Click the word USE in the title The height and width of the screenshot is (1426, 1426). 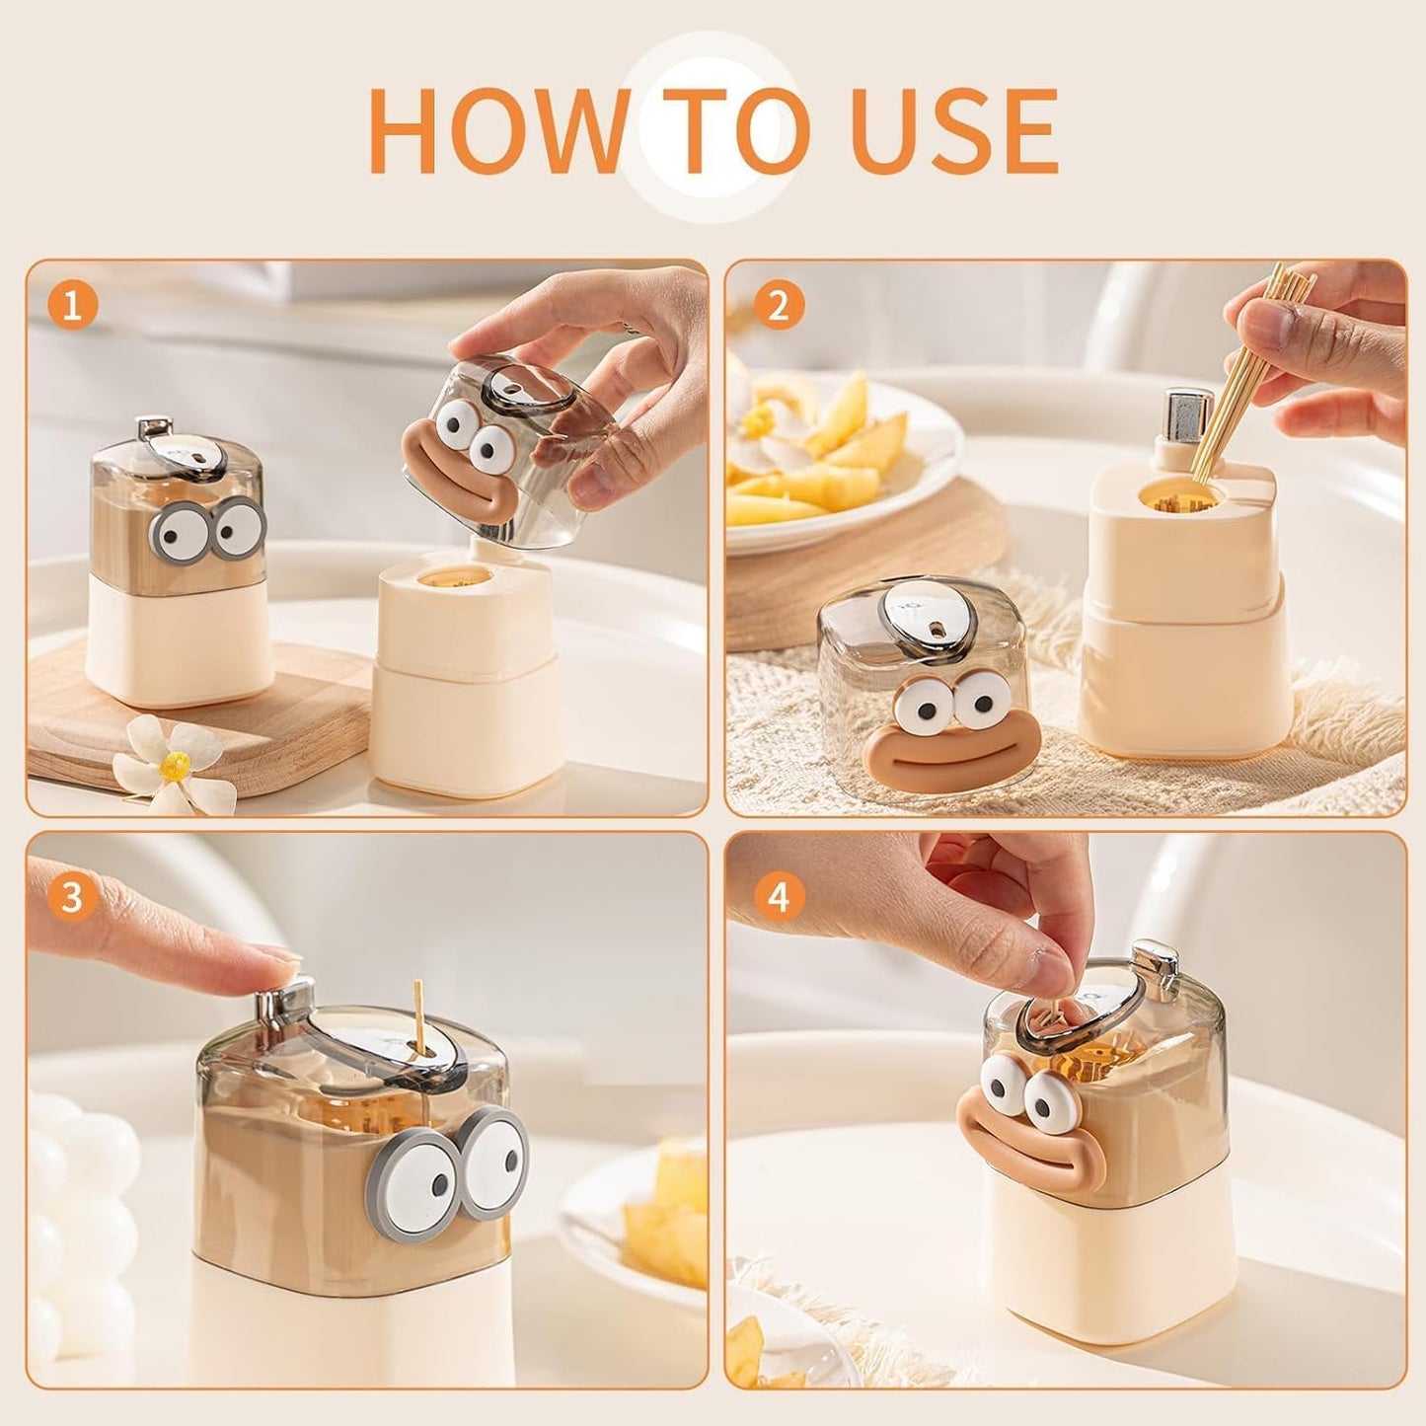[954, 131]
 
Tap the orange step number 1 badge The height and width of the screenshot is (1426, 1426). [73, 307]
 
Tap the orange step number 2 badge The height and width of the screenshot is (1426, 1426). [779, 307]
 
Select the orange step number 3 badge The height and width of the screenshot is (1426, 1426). [73, 898]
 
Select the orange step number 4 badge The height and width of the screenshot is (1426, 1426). [779, 898]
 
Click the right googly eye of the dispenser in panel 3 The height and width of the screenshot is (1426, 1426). [492, 1163]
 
